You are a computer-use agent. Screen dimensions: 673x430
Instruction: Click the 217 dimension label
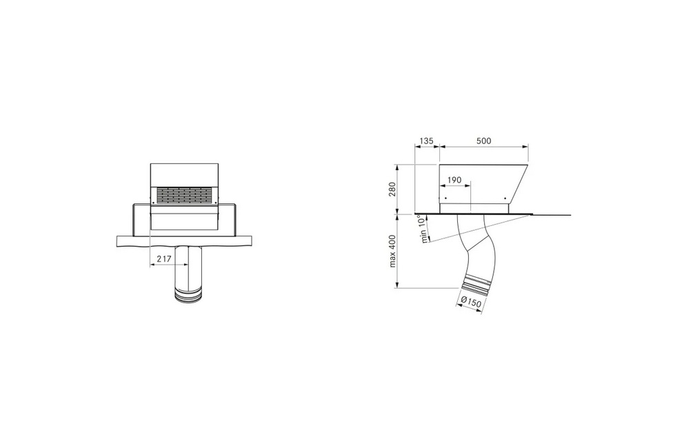pyautogui.click(x=164, y=259)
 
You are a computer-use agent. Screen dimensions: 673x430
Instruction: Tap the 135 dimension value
pyautogui.click(x=427, y=141)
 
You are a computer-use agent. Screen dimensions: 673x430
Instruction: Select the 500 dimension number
pyautogui.click(x=484, y=141)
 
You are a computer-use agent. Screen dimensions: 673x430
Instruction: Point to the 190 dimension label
pyautogui.click(x=454, y=180)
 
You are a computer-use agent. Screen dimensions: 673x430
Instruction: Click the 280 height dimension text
pyautogui.click(x=392, y=189)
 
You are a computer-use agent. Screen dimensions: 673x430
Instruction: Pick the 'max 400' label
pyautogui.click(x=393, y=251)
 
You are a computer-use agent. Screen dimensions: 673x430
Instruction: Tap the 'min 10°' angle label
pyautogui.click(x=423, y=229)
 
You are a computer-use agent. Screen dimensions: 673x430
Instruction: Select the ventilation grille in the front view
pyautogui.click(x=184, y=195)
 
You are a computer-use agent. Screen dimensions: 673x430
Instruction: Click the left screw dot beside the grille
pyautogui.click(x=153, y=202)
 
